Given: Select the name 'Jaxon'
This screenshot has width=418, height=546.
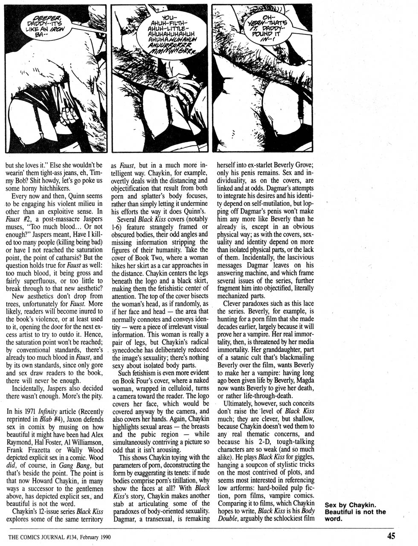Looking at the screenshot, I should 19,420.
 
